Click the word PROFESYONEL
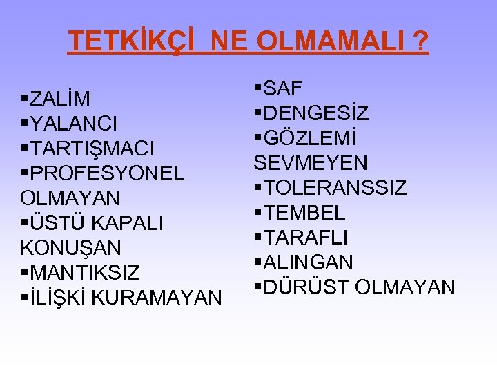(x=107, y=173)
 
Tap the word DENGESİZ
(x=316, y=113)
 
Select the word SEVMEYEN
(x=311, y=163)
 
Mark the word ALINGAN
(x=309, y=262)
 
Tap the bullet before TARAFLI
(x=257, y=238)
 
